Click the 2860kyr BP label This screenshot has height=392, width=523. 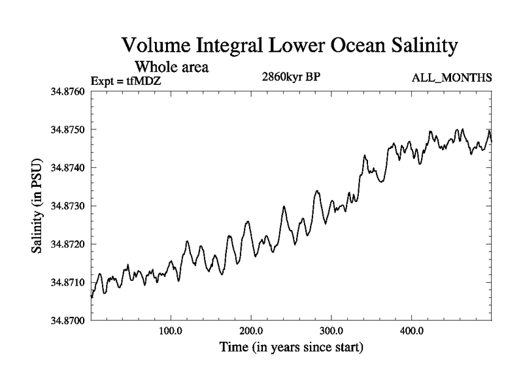click(290, 77)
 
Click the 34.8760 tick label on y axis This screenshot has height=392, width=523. click(67, 91)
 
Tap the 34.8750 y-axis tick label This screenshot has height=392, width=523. click(67, 129)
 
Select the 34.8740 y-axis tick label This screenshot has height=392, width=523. click(67, 168)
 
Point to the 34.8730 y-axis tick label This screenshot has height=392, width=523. click(67, 206)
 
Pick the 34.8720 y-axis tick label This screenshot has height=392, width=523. click(67, 244)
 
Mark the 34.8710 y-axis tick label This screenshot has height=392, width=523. click(67, 282)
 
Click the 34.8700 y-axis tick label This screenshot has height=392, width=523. click(67, 321)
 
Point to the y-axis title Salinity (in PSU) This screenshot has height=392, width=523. click(37, 206)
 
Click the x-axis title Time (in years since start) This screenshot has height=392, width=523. click(291, 347)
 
